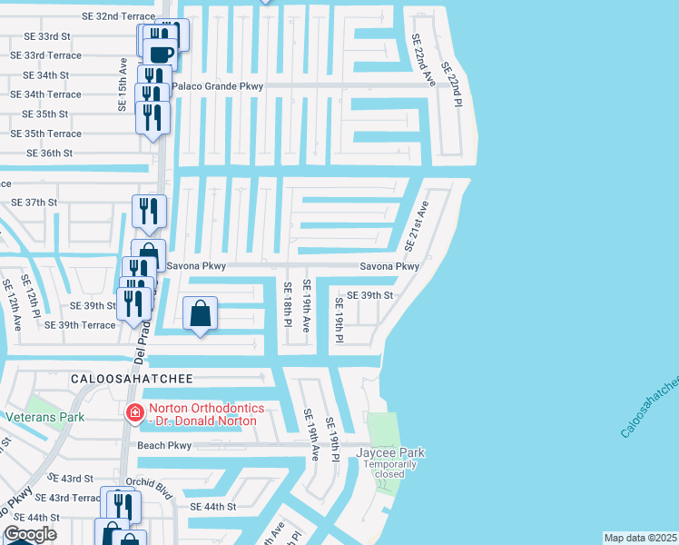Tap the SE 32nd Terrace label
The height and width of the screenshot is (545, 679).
(118, 16)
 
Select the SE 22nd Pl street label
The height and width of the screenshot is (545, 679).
(451, 85)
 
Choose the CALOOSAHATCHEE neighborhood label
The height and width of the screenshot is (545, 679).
(127, 376)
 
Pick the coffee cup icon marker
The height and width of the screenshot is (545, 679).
(160, 53)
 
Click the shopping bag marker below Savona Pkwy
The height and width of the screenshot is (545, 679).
(201, 314)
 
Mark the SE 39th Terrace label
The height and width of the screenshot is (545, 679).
(80, 325)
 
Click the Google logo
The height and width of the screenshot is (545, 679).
(30, 534)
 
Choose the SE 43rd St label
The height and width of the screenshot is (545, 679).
(71, 478)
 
